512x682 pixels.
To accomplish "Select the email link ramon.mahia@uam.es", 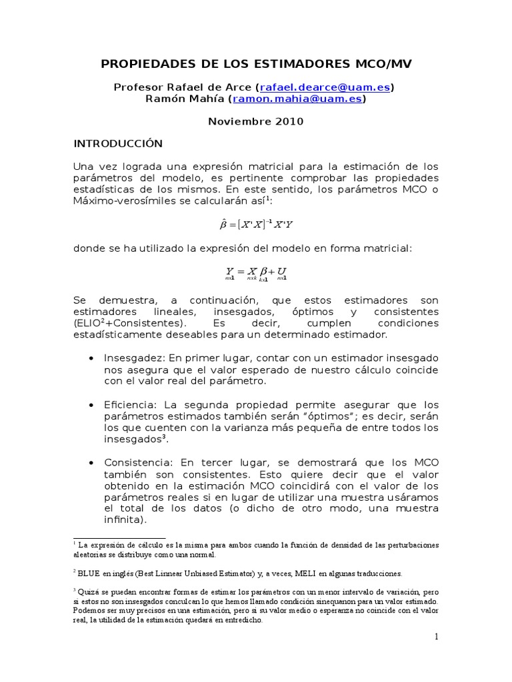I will pyautogui.click(x=297, y=99).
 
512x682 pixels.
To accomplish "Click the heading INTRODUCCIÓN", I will pyautogui.click(x=118, y=143).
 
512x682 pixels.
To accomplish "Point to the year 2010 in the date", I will pyautogui.click(x=291, y=121).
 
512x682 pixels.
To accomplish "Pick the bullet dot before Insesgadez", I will pyautogui.click(x=90, y=358).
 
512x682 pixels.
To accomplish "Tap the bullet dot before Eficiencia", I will pyautogui.click(x=90, y=405).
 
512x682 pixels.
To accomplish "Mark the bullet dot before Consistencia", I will pyautogui.click(x=90, y=462).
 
